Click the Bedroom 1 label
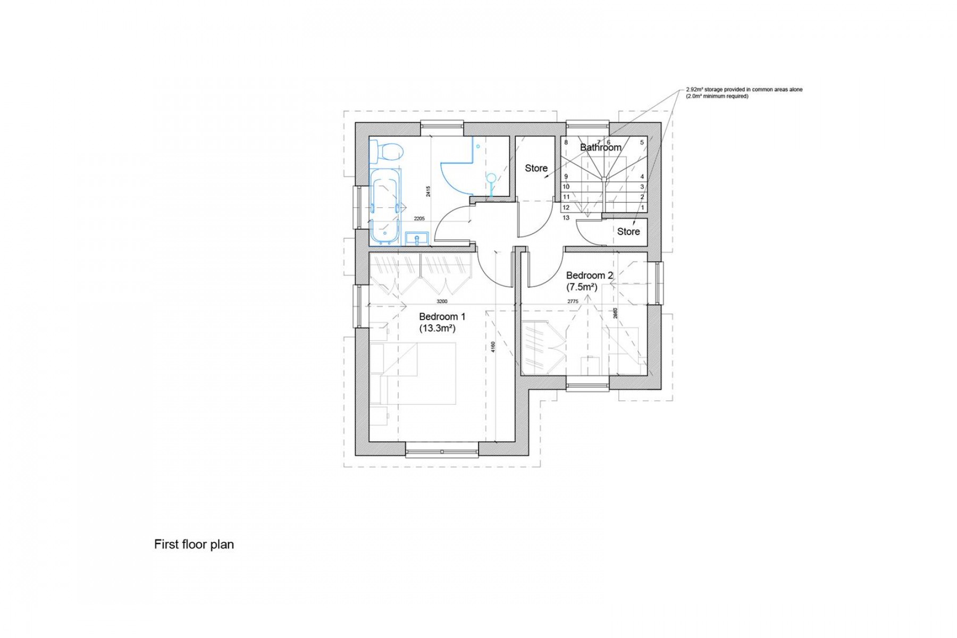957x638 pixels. pyautogui.click(x=442, y=316)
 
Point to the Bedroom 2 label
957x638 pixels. pyautogui.click(x=589, y=275)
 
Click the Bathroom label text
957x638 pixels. pyautogui.click(x=600, y=147)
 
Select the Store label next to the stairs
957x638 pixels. pyautogui.click(x=536, y=168)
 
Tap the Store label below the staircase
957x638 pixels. pyautogui.click(x=628, y=231)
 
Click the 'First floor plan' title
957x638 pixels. pyautogui.click(x=194, y=544)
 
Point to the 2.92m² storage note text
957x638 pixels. pyautogui.click(x=744, y=90)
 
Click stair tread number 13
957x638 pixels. pyautogui.click(x=566, y=218)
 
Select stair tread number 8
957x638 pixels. pyautogui.click(x=566, y=142)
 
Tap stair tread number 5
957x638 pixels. pyautogui.click(x=642, y=142)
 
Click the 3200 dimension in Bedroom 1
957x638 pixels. pyautogui.click(x=442, y=301)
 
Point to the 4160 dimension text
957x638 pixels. pyautogui.click(x=493, y=347)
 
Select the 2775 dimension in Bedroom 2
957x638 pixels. pyautogui.click(x=572, y=301)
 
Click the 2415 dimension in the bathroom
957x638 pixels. pyautogui.click(x=428, y=191)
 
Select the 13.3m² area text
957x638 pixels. pyautogui.click(x=437, y=329)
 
